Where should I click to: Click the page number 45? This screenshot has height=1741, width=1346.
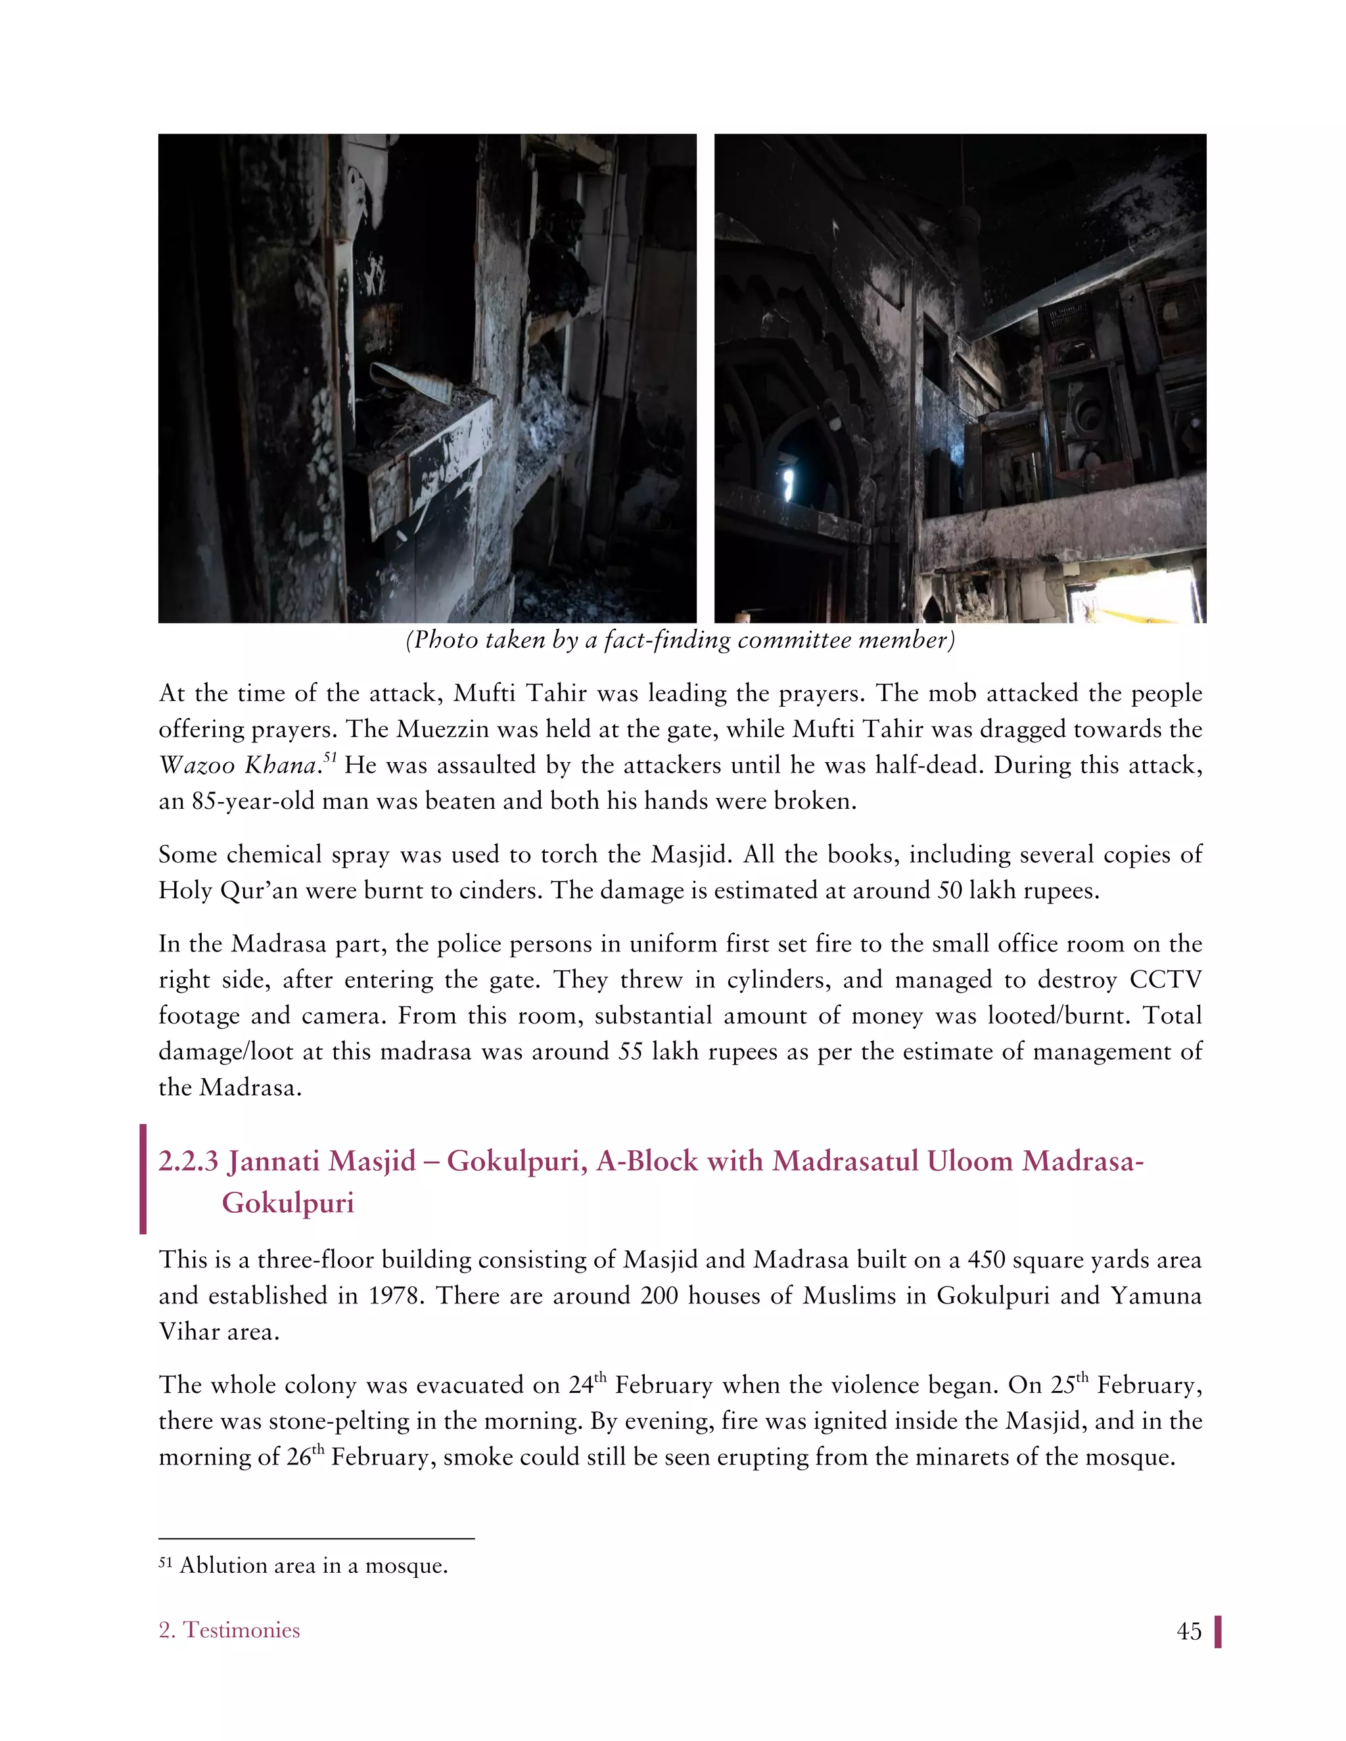[1188, 1631]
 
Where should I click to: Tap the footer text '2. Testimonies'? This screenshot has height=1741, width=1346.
[229, 1629]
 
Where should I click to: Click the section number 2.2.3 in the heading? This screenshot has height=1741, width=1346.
[188, 1161]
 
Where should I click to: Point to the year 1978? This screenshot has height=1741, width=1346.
[393, 1296]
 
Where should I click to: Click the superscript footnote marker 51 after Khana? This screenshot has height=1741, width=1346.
[329, 757]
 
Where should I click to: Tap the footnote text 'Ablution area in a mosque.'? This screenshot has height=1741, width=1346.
[313, 1565]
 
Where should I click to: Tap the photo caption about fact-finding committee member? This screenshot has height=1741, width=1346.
[680, 640]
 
